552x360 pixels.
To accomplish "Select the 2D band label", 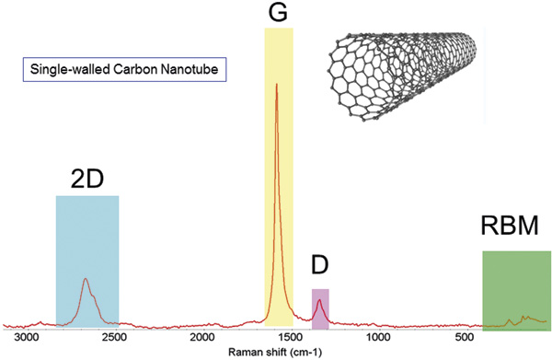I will point(86,180).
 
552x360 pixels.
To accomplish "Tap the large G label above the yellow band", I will point(278,14).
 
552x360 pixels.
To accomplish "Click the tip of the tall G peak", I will point(277,85).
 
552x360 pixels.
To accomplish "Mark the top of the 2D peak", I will point(86,278).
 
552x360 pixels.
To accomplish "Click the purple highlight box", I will point(320,309).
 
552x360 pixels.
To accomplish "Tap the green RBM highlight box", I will point(515,290).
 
